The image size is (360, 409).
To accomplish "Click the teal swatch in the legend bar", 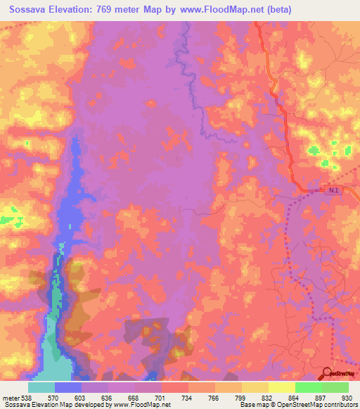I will point(41,387).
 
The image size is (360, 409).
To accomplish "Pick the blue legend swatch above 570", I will point(67,387).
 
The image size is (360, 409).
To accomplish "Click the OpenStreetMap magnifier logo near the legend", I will point(326,374).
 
